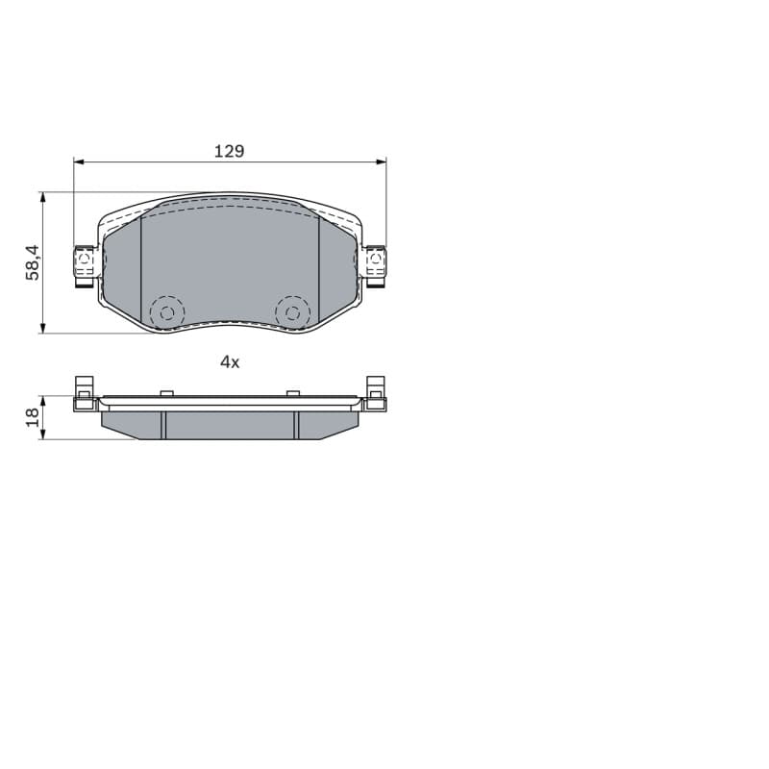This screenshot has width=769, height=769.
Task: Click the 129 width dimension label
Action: [229, 151]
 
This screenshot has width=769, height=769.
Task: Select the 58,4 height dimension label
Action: [33, 262]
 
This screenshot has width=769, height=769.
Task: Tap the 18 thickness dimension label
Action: [33, 417]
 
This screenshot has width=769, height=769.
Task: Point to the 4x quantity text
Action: [230, 362]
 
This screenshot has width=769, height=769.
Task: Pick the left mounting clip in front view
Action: [84, 266]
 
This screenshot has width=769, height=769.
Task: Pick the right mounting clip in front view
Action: [376, 266]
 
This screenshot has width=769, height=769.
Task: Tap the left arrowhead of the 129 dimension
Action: [79, 161]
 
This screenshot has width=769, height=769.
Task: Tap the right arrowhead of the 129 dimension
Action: [381, 161]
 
